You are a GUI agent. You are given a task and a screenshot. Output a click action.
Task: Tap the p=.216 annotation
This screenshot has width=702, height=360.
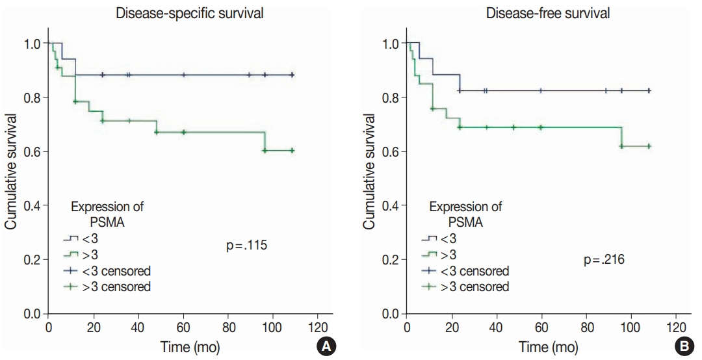click(x=604, y=261)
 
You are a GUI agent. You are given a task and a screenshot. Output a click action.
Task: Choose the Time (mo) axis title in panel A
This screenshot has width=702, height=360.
click(x=190, y=347)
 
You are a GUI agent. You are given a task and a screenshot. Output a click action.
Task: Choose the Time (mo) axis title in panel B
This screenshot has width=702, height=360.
click(x=548, y=347)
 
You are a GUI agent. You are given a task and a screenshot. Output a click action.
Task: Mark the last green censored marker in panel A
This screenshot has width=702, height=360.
click(x=292, y=150)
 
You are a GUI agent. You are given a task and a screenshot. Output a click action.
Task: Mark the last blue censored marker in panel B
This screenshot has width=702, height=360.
click(x=649, y=91)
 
